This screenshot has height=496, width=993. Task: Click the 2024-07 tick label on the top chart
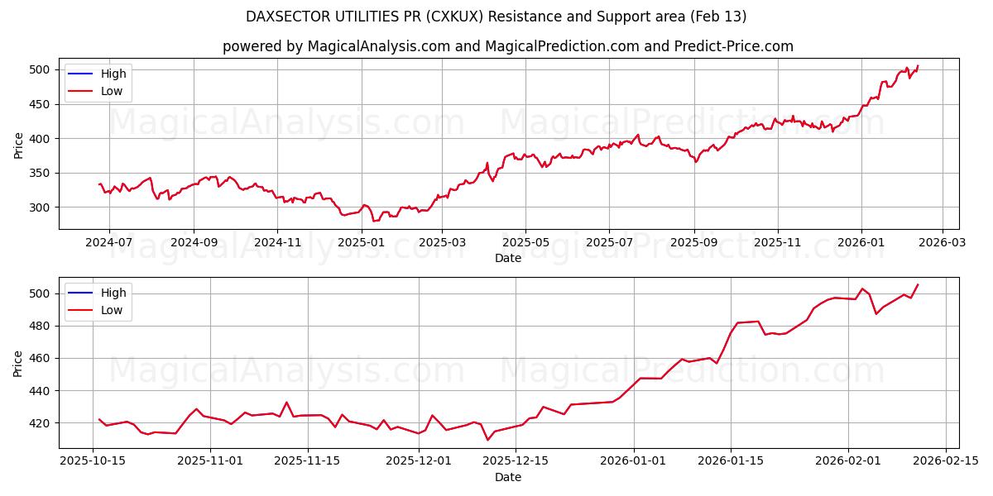(109, 243)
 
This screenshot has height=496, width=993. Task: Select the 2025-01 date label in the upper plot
(361, 243)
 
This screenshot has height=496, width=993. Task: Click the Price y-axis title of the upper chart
(18, 145)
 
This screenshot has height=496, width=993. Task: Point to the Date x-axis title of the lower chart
(508, 477)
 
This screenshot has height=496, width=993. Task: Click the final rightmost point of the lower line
(918, 285)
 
